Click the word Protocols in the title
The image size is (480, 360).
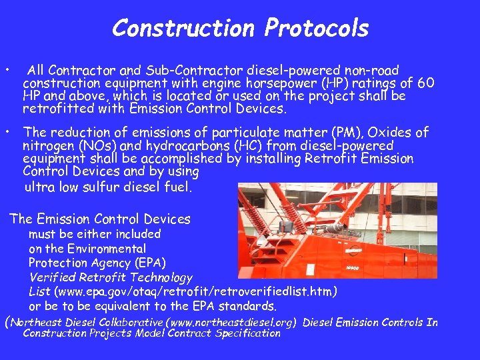[316, 29]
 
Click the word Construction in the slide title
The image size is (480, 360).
[184, 29]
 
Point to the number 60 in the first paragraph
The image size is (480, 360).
[424, 83]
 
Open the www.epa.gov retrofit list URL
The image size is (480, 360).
[195, 292]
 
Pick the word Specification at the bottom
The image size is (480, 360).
[247, 333]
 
